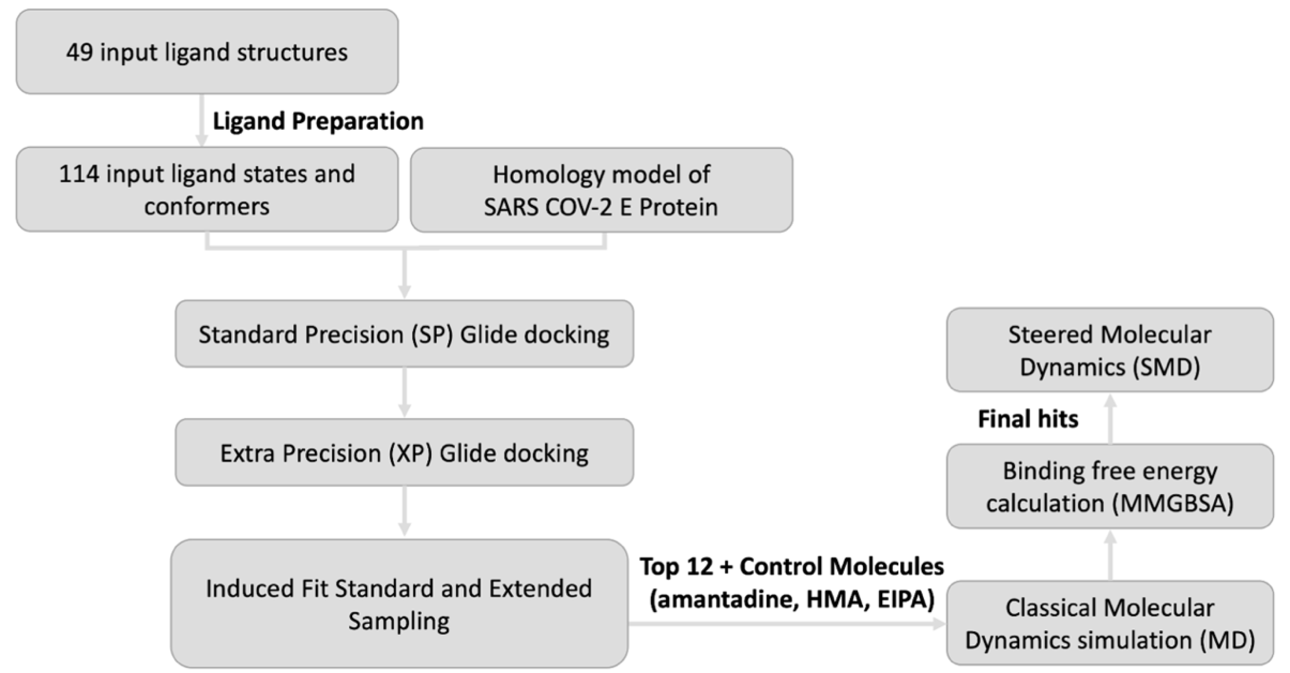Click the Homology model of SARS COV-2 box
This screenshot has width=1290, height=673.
click(602, 190)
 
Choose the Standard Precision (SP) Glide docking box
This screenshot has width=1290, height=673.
click(404, 334)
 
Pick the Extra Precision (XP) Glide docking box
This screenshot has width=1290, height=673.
click(404, 452)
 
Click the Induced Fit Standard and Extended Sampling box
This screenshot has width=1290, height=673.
click(399, 603)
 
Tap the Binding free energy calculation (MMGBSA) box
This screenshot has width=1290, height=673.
click(1110, 486)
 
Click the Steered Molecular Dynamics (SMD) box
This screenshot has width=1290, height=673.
click(1110, 350)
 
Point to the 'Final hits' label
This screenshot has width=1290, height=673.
click(1028, 419)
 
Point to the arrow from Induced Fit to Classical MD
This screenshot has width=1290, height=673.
click(787, 624)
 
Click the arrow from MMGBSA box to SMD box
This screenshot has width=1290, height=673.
click(1110, 418)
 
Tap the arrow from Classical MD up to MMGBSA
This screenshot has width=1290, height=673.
click(1110, 555)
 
